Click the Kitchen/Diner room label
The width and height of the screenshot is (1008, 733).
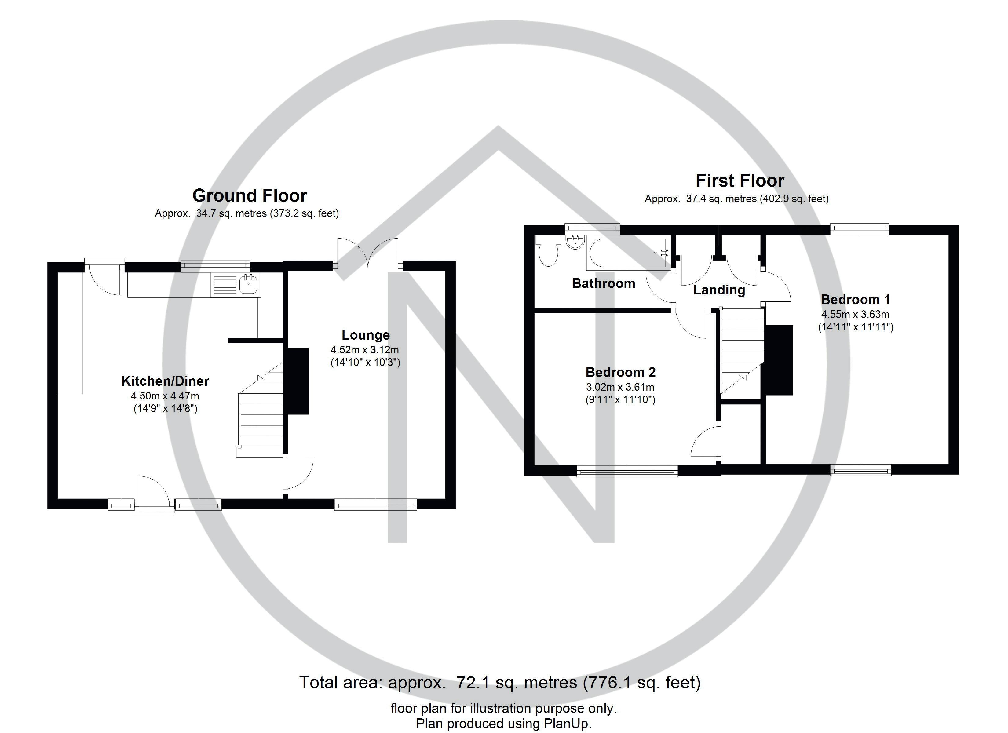pos(165,381)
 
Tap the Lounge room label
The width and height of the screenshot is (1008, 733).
pos(365,335)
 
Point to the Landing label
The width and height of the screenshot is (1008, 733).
pos(719,290)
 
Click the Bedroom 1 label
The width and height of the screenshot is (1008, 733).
pos(855,300)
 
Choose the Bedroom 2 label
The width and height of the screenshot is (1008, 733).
pos(620,372)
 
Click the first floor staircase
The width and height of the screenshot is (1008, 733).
pos(741,351)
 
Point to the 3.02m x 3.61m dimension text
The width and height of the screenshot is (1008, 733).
pos(620,387)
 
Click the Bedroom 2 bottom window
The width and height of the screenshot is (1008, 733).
pos(627,471)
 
